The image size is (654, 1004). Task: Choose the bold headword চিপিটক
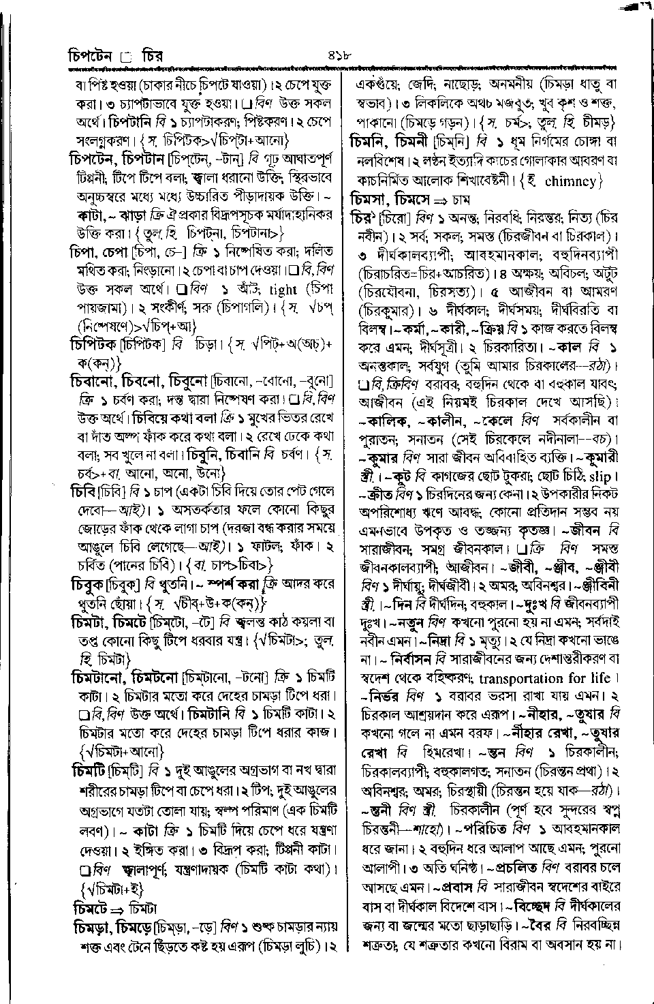tap(94, 345)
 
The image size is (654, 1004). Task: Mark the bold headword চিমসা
tap(369, 200)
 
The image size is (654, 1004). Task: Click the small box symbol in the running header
tap(125, 57)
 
